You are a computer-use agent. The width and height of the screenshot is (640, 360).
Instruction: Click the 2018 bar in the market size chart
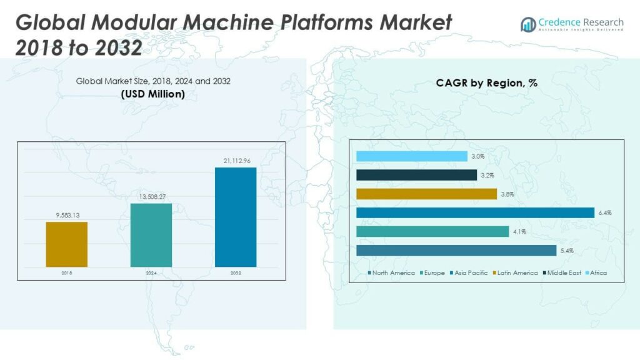[x=66, y=244]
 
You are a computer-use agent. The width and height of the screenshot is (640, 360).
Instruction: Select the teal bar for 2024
[x=151, y=235]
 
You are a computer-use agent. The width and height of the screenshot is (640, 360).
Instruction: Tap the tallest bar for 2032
[x=235, y=217]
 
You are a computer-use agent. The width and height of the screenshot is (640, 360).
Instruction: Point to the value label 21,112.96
[x=236, y=161]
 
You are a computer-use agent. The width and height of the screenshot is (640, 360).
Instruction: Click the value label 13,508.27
[x=151, y=197]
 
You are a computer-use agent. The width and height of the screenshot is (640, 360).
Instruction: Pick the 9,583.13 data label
[x=66, y=216]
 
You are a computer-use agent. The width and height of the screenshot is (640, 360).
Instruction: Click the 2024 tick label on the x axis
[x=151, y=273]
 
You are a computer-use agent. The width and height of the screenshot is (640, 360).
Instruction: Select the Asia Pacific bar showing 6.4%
[x=475, y=212]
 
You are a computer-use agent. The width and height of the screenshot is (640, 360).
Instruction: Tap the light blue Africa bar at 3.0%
[x=411, y=156]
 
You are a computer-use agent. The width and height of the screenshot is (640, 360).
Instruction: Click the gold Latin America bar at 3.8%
[x=426, y=194]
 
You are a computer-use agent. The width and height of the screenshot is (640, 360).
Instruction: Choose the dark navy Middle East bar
[x=416, y=175]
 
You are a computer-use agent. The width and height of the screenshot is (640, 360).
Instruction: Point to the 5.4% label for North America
[x=566, y=251]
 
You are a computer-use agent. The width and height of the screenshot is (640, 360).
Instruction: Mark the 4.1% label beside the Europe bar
[x=519, y=232]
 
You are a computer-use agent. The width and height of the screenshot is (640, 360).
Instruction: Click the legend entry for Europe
[x=432, y=273]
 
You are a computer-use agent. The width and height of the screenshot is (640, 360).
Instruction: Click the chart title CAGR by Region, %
[x=486, y=82]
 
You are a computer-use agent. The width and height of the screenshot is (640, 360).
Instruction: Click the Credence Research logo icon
[x=528, y=24]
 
